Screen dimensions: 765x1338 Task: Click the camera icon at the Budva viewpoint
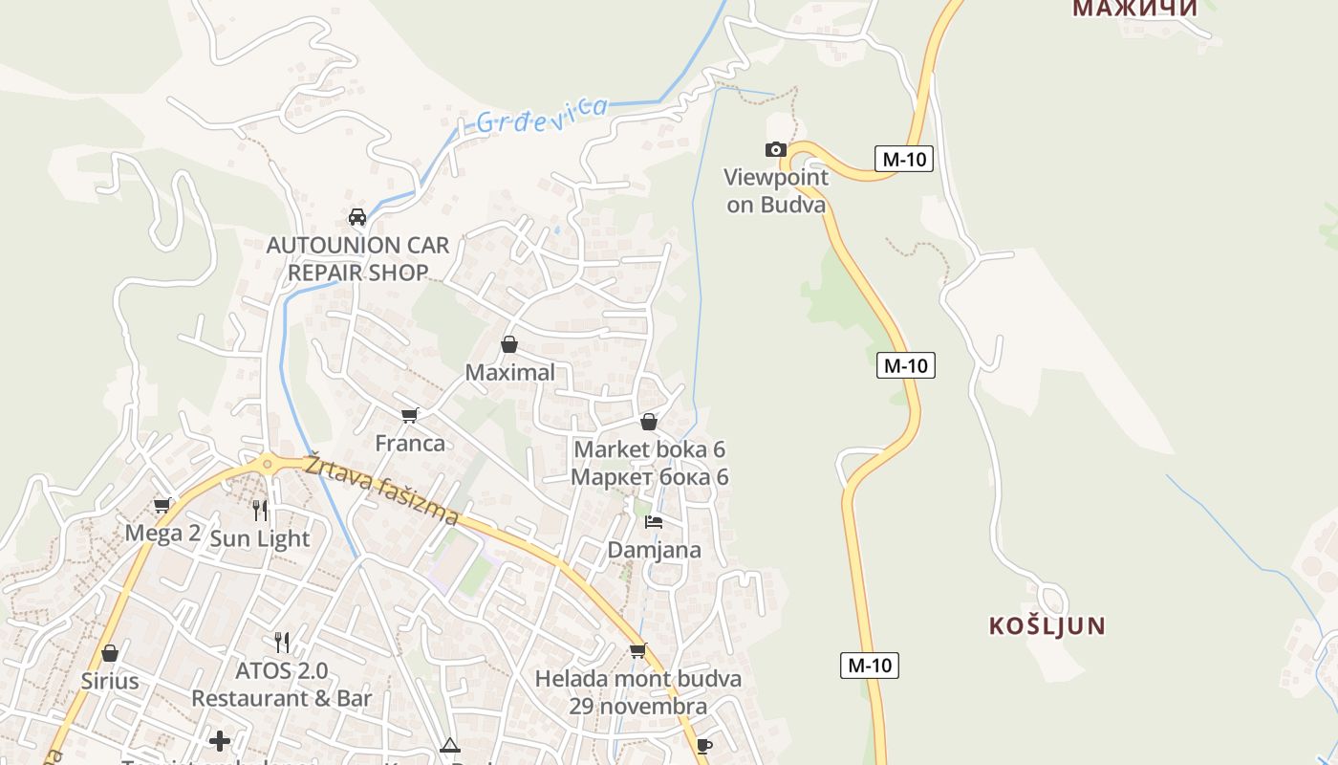click(776, 149)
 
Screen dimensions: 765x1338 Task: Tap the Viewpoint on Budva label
click(776, 190)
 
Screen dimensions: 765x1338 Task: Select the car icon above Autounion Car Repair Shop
click(357, 217)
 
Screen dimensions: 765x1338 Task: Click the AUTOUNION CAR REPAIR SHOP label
click(357, 258)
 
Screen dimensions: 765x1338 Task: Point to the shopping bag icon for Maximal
click(509, 344)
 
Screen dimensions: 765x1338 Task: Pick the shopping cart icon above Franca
click(410, 414)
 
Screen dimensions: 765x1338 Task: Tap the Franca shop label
click(410, 443)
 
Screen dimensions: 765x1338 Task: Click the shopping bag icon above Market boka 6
click(649, 422)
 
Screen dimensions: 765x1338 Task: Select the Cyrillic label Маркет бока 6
click(650, 476)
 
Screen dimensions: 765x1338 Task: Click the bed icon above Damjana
click(654, 521)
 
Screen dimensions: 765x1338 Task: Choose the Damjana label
click(655, 550)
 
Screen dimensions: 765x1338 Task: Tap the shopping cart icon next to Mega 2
click(162, 505)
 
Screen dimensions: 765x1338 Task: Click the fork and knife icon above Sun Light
click(260, 510)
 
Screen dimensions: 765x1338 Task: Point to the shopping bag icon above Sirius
click(110, 653)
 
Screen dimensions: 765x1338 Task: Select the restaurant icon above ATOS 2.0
click(282, 642)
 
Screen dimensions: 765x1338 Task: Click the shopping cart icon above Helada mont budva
click(637, 650)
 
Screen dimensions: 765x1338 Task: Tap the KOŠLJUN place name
click(1047, 626)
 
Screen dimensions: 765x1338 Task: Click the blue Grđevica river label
click(542, 116)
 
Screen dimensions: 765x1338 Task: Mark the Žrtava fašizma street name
click(382, 490)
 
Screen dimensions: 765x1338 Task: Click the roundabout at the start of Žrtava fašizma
click(267, 465)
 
